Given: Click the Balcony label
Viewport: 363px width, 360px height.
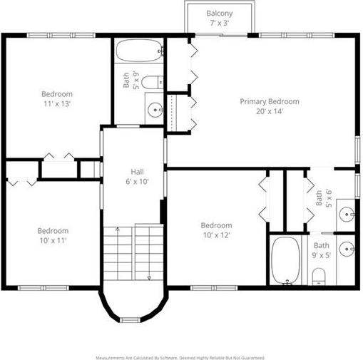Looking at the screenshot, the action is (220, 14).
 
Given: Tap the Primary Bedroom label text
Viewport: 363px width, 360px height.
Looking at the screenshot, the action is (270, 101).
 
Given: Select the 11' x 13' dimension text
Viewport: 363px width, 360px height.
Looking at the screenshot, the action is (57, 104).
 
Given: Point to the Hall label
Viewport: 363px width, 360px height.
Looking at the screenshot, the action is (137, 172).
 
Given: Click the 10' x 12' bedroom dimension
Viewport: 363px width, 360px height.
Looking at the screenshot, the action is (216, 235).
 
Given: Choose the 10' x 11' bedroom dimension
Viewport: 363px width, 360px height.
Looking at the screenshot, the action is (53, 240).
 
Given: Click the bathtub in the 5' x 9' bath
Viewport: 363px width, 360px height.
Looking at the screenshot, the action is (140, 51).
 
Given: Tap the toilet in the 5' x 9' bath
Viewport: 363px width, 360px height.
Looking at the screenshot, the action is (153, 82).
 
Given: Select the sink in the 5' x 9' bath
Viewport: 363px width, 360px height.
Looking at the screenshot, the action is (155, 110).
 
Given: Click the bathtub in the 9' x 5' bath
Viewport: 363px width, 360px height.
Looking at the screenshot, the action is (286, 260).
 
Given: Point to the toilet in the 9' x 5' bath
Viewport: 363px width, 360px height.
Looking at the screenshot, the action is (318, 277).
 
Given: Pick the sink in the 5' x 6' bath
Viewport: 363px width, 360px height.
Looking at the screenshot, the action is (347, 215).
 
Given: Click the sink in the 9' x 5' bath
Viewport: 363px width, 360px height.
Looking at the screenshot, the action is (347, 249).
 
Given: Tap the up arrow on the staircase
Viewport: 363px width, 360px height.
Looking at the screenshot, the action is (118, 253).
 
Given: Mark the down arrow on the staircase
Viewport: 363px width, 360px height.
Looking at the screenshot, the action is (149, 252).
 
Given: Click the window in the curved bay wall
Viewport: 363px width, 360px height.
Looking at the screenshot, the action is (130, 320).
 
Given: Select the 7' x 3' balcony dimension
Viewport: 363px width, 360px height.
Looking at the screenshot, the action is (220, 23).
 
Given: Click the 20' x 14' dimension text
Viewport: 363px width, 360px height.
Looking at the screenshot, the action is (270, 111).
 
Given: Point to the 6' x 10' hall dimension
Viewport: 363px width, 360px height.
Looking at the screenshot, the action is (137, 182).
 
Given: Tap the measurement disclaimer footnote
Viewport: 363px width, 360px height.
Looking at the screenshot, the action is (180, 358).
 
